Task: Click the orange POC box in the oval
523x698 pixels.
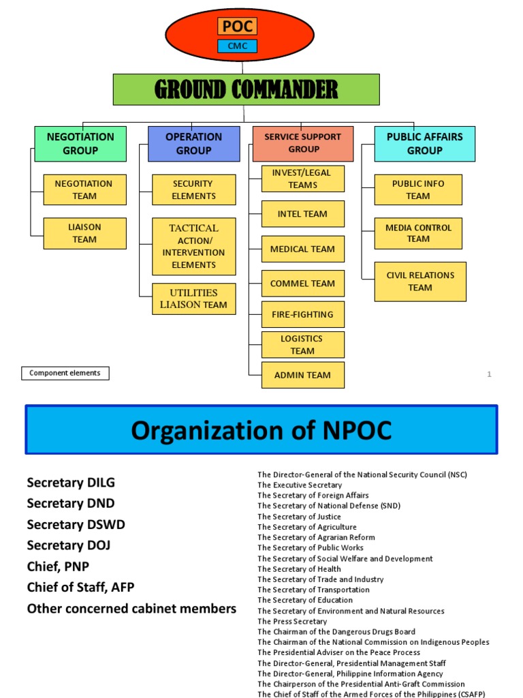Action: tap(237, 26)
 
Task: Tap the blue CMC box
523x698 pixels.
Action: tap(237, 46)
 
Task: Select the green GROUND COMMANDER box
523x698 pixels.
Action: tap(246, 89)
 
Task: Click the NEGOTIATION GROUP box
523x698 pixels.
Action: tap(80, 143)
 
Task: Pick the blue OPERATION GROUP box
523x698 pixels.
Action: tap(193, 143)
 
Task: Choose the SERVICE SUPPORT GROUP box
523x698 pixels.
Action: tap(303, 143)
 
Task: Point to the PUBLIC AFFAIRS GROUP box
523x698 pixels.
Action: tap(424, 143)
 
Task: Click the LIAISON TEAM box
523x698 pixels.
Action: tap(84, 233)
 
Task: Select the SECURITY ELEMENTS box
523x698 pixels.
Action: tap(193, 189)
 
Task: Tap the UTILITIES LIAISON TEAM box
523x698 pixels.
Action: tap(193, 299)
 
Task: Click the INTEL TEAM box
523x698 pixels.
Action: tap(302, 214)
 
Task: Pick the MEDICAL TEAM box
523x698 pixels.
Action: tap(302, 249)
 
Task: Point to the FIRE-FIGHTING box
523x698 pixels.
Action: tap(302, 314)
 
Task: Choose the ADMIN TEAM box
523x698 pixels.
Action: tap(302, 375)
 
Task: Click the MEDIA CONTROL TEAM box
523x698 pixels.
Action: tap(418, 233)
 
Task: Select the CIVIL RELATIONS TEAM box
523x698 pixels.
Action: tap(420, 282)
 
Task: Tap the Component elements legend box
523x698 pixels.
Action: tap(65, 373)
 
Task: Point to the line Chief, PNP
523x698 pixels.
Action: tap(58, 566)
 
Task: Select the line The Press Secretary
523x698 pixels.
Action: tap(292, 622)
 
